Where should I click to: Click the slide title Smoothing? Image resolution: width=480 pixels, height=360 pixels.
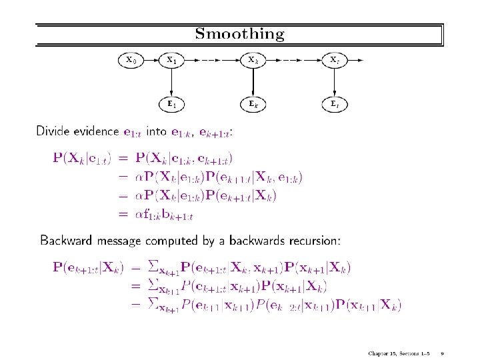240,33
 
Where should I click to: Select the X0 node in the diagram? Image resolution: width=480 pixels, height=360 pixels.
131,61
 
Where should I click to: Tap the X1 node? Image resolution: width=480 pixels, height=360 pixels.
172,61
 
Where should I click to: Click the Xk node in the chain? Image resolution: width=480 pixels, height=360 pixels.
253,61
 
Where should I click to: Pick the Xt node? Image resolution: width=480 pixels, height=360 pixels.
334,61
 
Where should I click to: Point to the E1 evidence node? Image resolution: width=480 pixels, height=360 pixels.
172,104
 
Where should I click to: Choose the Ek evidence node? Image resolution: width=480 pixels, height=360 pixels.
253,104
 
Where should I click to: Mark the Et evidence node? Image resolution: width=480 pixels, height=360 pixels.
334,104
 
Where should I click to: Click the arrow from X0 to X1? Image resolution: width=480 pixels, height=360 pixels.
151,61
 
